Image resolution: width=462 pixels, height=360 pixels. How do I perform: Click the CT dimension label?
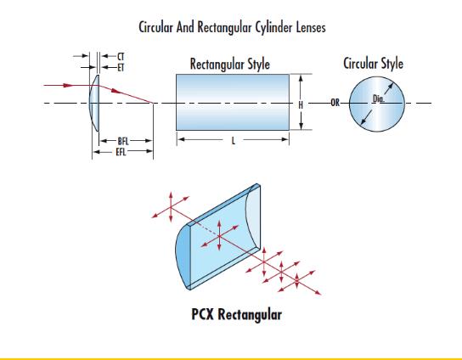121,56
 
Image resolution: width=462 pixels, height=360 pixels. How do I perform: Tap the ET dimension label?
121,68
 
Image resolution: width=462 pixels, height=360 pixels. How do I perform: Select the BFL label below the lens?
123,141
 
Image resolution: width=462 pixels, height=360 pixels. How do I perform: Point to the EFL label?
121,152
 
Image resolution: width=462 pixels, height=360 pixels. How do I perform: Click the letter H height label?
301,105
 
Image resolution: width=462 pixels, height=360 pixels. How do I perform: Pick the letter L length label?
234,141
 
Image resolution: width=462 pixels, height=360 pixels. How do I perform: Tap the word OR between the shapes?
335,103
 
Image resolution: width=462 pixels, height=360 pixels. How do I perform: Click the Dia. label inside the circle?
379,98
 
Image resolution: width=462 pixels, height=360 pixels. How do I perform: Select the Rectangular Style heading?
230,65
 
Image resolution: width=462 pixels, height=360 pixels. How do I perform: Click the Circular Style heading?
374,64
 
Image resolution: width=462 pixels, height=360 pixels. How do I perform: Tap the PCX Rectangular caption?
237,314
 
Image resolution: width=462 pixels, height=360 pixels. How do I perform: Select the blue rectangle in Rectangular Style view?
233,102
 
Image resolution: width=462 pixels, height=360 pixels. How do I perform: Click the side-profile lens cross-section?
94,103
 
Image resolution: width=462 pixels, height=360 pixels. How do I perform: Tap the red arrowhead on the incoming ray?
68,86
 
